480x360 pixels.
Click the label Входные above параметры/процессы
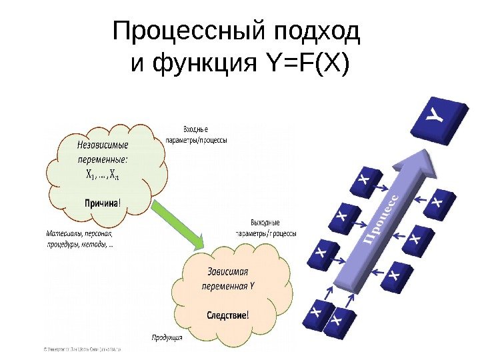[x=196, y=128]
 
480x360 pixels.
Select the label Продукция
[x=167, y=337]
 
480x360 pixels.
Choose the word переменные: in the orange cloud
[x=103, y=160]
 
